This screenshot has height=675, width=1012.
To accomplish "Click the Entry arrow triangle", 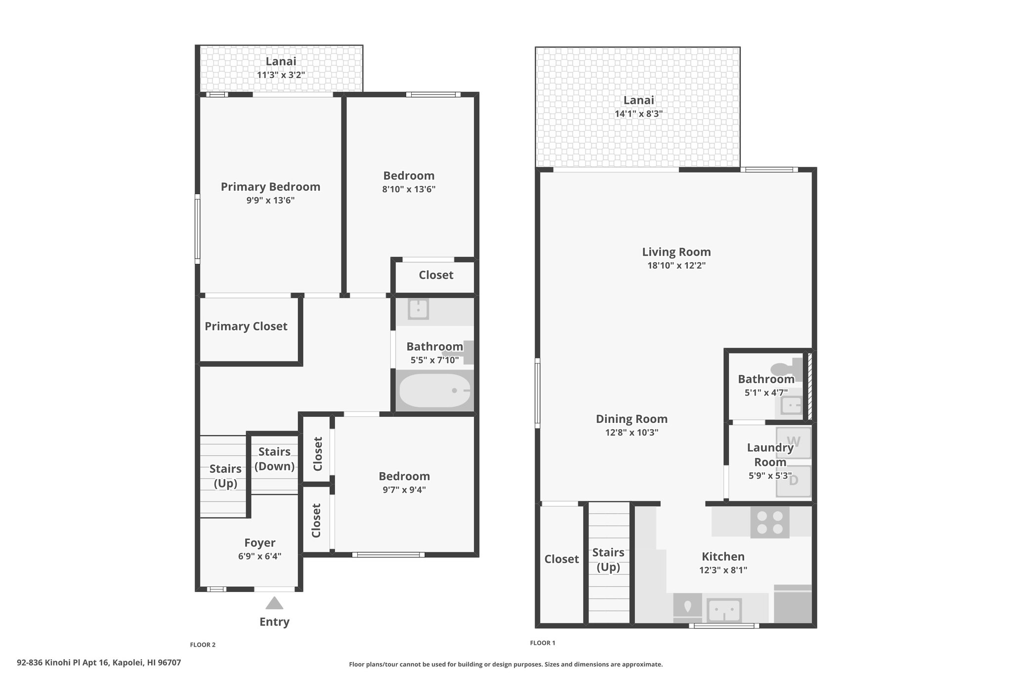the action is coord(274,603).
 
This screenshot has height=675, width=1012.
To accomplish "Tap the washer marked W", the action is coord(793,442).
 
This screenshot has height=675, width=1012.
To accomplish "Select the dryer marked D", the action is coord(793,481).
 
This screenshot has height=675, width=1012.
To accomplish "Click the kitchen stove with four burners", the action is coord(770,522).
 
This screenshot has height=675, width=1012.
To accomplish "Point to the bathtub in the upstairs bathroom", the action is coord(434,390).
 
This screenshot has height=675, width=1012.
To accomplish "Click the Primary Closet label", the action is coord(246,326).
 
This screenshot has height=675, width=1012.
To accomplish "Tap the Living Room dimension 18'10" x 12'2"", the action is coord(676,266).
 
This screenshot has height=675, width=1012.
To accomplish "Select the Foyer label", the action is coord(260,543).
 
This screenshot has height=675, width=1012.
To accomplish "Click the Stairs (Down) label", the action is coord(274,459).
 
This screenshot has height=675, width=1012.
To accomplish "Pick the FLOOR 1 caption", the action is coord(543,643).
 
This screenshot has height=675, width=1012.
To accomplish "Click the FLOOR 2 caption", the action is coord(203,645).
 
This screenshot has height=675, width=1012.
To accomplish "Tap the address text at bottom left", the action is coord(99,663).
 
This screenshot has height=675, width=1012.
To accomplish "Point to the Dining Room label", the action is coord(632,419).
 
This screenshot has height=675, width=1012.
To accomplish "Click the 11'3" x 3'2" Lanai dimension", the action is coord(281,75).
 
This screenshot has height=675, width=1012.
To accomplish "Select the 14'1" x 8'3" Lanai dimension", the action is coord(638,114).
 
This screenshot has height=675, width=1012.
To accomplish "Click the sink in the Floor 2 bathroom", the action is coord(419,310).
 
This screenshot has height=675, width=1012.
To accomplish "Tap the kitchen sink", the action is coord(724,610).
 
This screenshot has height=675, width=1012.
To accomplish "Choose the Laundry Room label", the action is coord(770,455).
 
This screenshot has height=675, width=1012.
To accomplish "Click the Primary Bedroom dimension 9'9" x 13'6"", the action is coord(270,200).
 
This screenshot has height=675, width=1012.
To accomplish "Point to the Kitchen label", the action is coord(723,557).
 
